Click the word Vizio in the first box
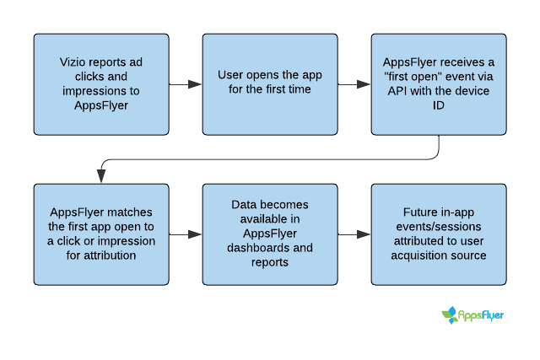(x=71, y=62)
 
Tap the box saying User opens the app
(x=270, y=84)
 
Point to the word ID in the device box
(x=439, y=105)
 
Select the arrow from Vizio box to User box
(x=186, y=84)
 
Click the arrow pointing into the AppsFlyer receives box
(x=354, y=84)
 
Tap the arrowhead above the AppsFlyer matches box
(x=101, y=176)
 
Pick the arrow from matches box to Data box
(x=186, y=234)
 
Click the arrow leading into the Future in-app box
(x=354, y=234)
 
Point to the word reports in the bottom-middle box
(x=270, y=262)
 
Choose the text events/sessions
(x=439, y=227)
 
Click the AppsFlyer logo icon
(x=450, y=315)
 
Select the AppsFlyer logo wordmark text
(x=481, y=315)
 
